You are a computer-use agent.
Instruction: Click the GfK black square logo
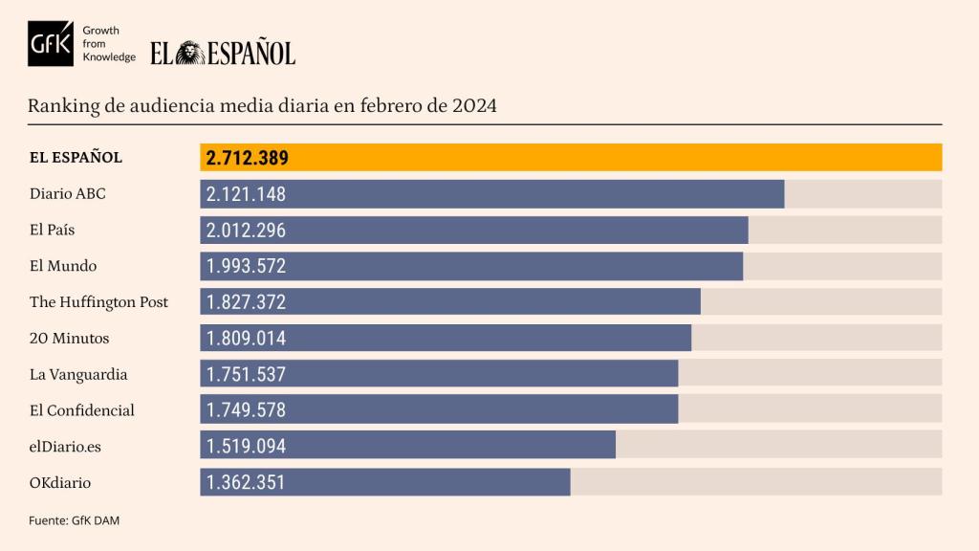coord(51,44)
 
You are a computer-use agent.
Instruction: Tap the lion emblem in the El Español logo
coord(190,53)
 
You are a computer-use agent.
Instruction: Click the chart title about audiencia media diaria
coord(262,105)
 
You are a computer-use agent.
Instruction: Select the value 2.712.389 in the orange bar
coord(247,158)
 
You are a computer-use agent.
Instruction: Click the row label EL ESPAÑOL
coord(76,158)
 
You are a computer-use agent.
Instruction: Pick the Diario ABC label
coord(68,193)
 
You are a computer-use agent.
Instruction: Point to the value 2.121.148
coord(246,194)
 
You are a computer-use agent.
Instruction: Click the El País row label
coord(53,230)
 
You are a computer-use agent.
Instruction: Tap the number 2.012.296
coord(246,231)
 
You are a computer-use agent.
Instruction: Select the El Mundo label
coord(63,266)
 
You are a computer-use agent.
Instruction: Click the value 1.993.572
coord(246,267)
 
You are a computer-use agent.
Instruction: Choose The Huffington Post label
coord(98,302)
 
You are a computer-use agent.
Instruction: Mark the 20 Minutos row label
coord(69,339)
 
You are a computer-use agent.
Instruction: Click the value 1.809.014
coord(246,339)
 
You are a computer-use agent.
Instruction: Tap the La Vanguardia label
coord(78,375)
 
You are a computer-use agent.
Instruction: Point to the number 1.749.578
coord(246,410)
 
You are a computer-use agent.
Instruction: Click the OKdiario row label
coord(60,483)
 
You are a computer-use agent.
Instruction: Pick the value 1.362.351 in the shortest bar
coord(246,482)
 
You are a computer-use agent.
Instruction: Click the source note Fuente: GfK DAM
coord(75,520)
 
